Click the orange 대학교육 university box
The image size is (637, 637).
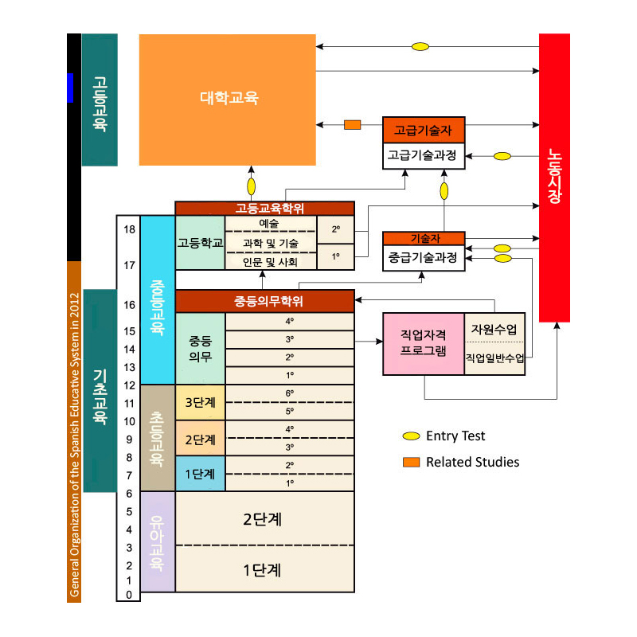(228, 100)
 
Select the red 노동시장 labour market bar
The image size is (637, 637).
(554, 178)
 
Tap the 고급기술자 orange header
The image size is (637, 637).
(424, 130)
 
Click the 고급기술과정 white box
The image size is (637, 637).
(424, 155)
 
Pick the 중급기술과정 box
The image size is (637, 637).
(424, 257)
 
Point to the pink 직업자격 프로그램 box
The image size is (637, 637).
(424, 344)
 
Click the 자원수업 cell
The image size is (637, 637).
(494, 328)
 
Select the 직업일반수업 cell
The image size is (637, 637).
(494, 358)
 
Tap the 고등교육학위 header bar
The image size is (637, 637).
(265, 209)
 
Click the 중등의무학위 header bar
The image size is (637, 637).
(265, 301)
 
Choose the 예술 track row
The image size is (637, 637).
(271, 224)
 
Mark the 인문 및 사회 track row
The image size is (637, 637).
(271, 262)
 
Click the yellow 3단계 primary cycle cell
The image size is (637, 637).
(201, 402)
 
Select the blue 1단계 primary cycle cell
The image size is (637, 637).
(201, 474)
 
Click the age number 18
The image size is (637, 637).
(129, 229)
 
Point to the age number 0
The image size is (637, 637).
(129, 595)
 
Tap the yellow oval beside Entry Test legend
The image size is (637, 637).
(411, 436)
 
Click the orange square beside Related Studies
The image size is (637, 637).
(411, 462)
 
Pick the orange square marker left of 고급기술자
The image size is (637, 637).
(352, 125)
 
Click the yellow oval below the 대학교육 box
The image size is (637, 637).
(252, 186)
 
